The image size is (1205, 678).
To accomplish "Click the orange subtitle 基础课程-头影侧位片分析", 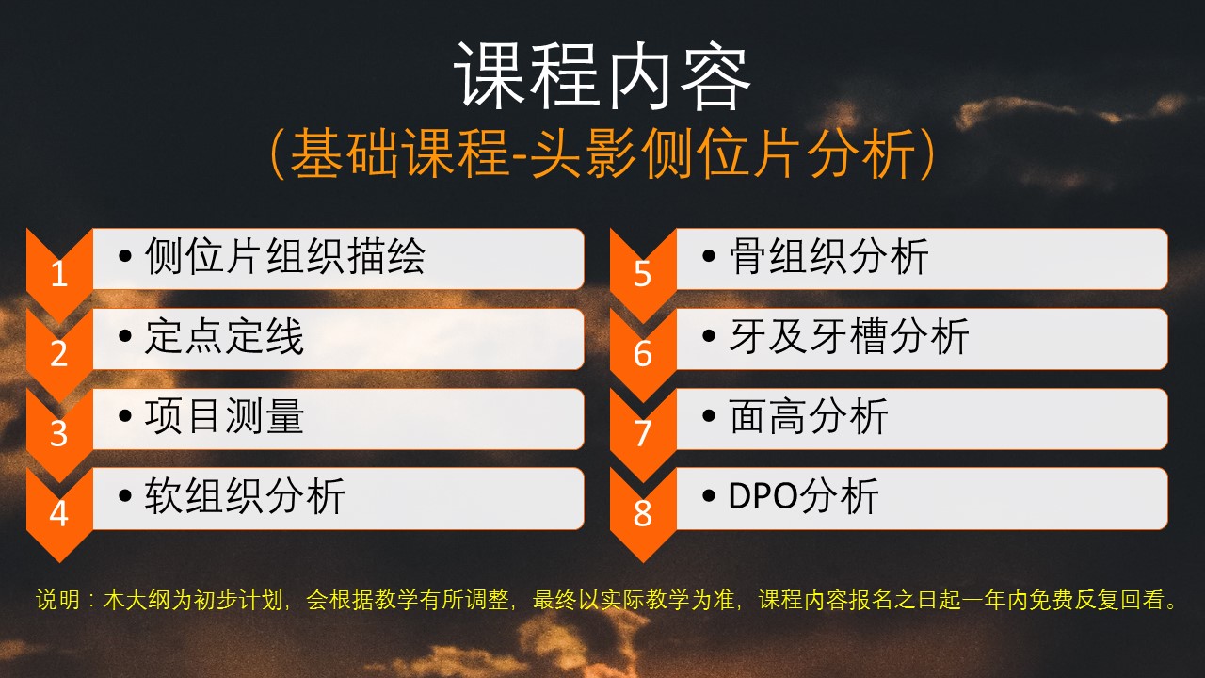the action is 602,153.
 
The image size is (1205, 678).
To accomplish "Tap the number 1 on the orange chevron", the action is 59,274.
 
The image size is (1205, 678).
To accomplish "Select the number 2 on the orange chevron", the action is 59,353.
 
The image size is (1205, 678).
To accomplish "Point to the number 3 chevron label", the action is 59,433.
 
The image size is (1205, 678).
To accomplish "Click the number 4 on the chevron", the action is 59,513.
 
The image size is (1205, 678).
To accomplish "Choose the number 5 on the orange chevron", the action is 643,274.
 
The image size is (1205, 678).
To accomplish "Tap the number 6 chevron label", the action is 643,353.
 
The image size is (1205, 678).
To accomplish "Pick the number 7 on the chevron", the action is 643,433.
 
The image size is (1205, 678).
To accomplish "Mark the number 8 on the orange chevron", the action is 643,513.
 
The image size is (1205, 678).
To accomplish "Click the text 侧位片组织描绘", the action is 285,256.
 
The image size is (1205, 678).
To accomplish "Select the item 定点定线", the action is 224,336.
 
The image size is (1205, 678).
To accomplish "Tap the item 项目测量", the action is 224,415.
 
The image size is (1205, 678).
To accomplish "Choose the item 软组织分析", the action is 245,495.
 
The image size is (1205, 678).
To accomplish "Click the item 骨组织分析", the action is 829,256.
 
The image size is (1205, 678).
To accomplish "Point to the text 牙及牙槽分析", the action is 849,336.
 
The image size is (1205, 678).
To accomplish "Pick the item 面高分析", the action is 809,415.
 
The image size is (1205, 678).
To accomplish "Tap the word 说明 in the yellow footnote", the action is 58,600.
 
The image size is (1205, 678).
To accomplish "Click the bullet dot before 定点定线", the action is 125,336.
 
